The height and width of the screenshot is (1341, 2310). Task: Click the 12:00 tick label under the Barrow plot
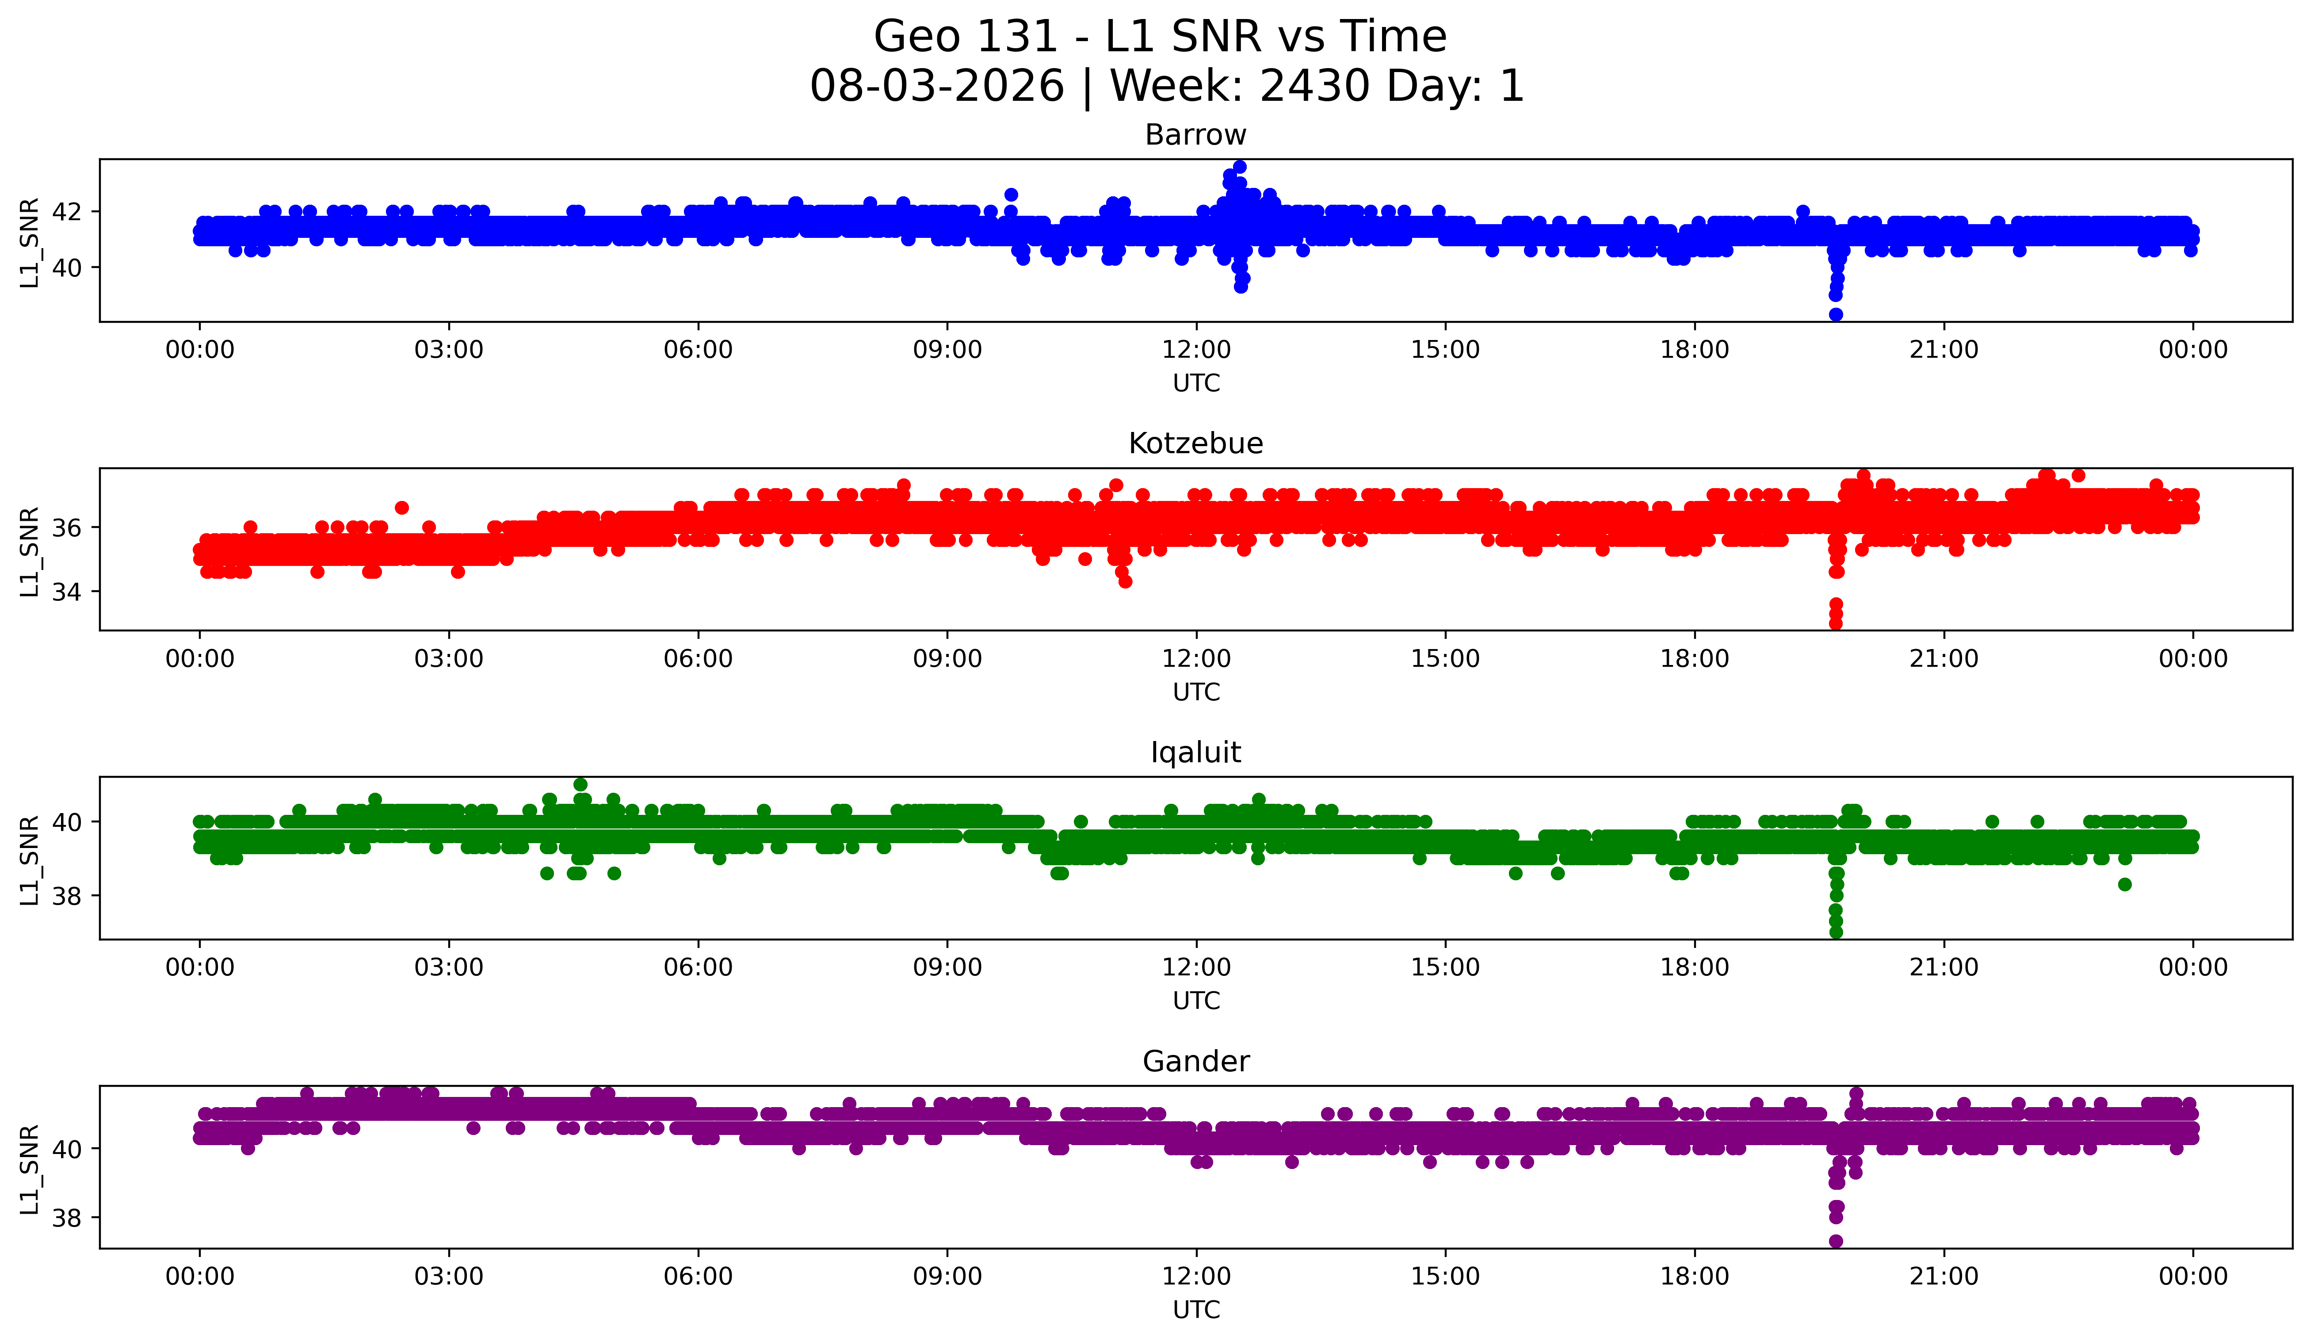pos(1196,349)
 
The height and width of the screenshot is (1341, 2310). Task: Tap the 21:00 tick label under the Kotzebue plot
pos(1943,658)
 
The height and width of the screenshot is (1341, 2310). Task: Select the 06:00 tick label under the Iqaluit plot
pos(699,967)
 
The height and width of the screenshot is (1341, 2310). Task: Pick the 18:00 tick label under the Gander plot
pos(1695,1276)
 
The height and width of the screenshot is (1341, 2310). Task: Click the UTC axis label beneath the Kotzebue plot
pos(1196,692)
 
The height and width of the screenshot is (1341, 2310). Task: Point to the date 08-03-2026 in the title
pos(937,86)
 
